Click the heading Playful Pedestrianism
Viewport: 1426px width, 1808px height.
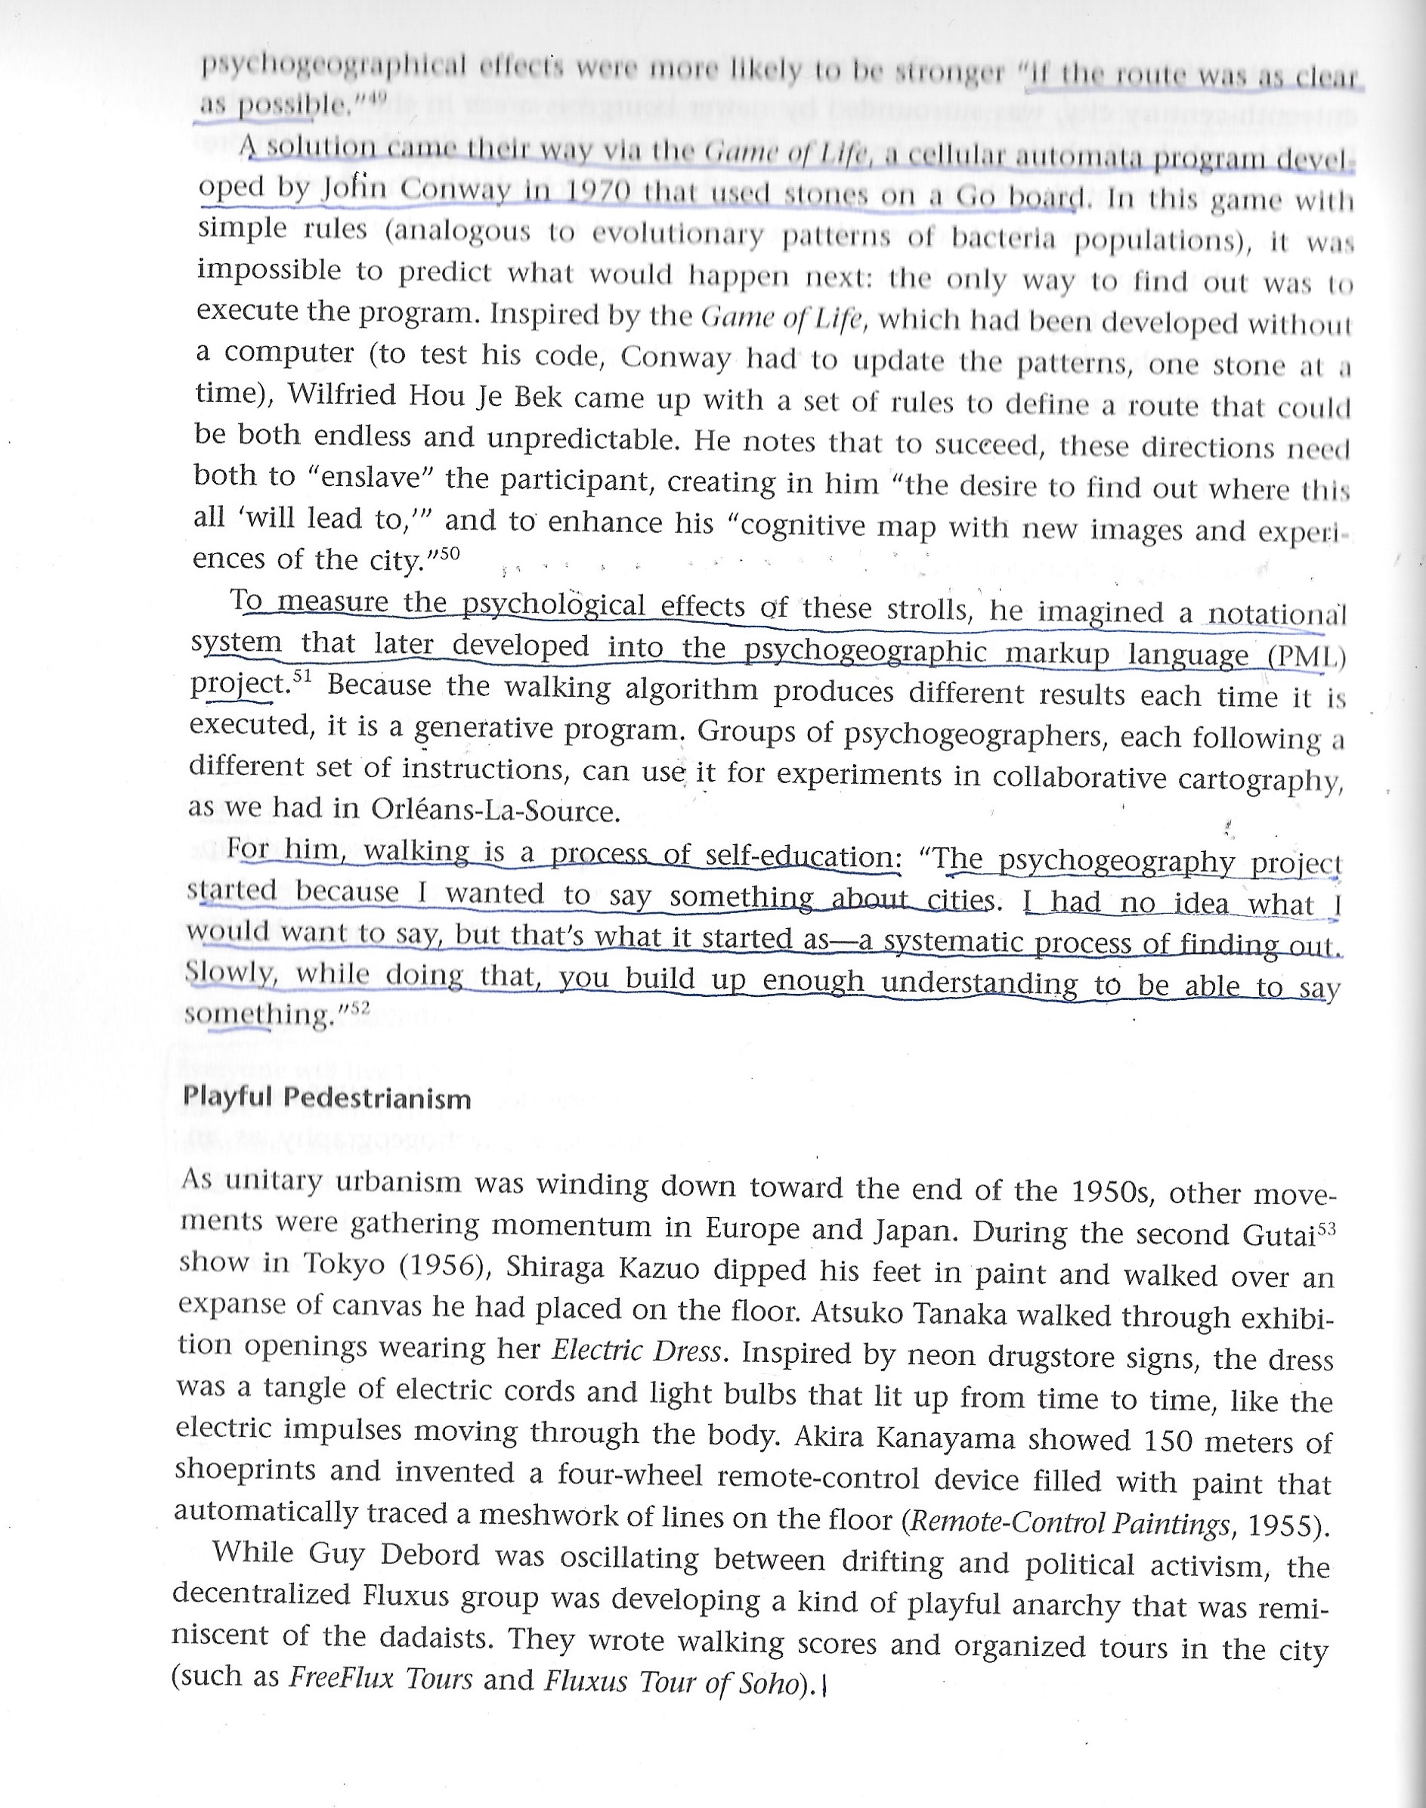pyautogui.click(x=326, y=1097)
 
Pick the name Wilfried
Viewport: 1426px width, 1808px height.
pyautogui.click(x=342, y=395)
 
